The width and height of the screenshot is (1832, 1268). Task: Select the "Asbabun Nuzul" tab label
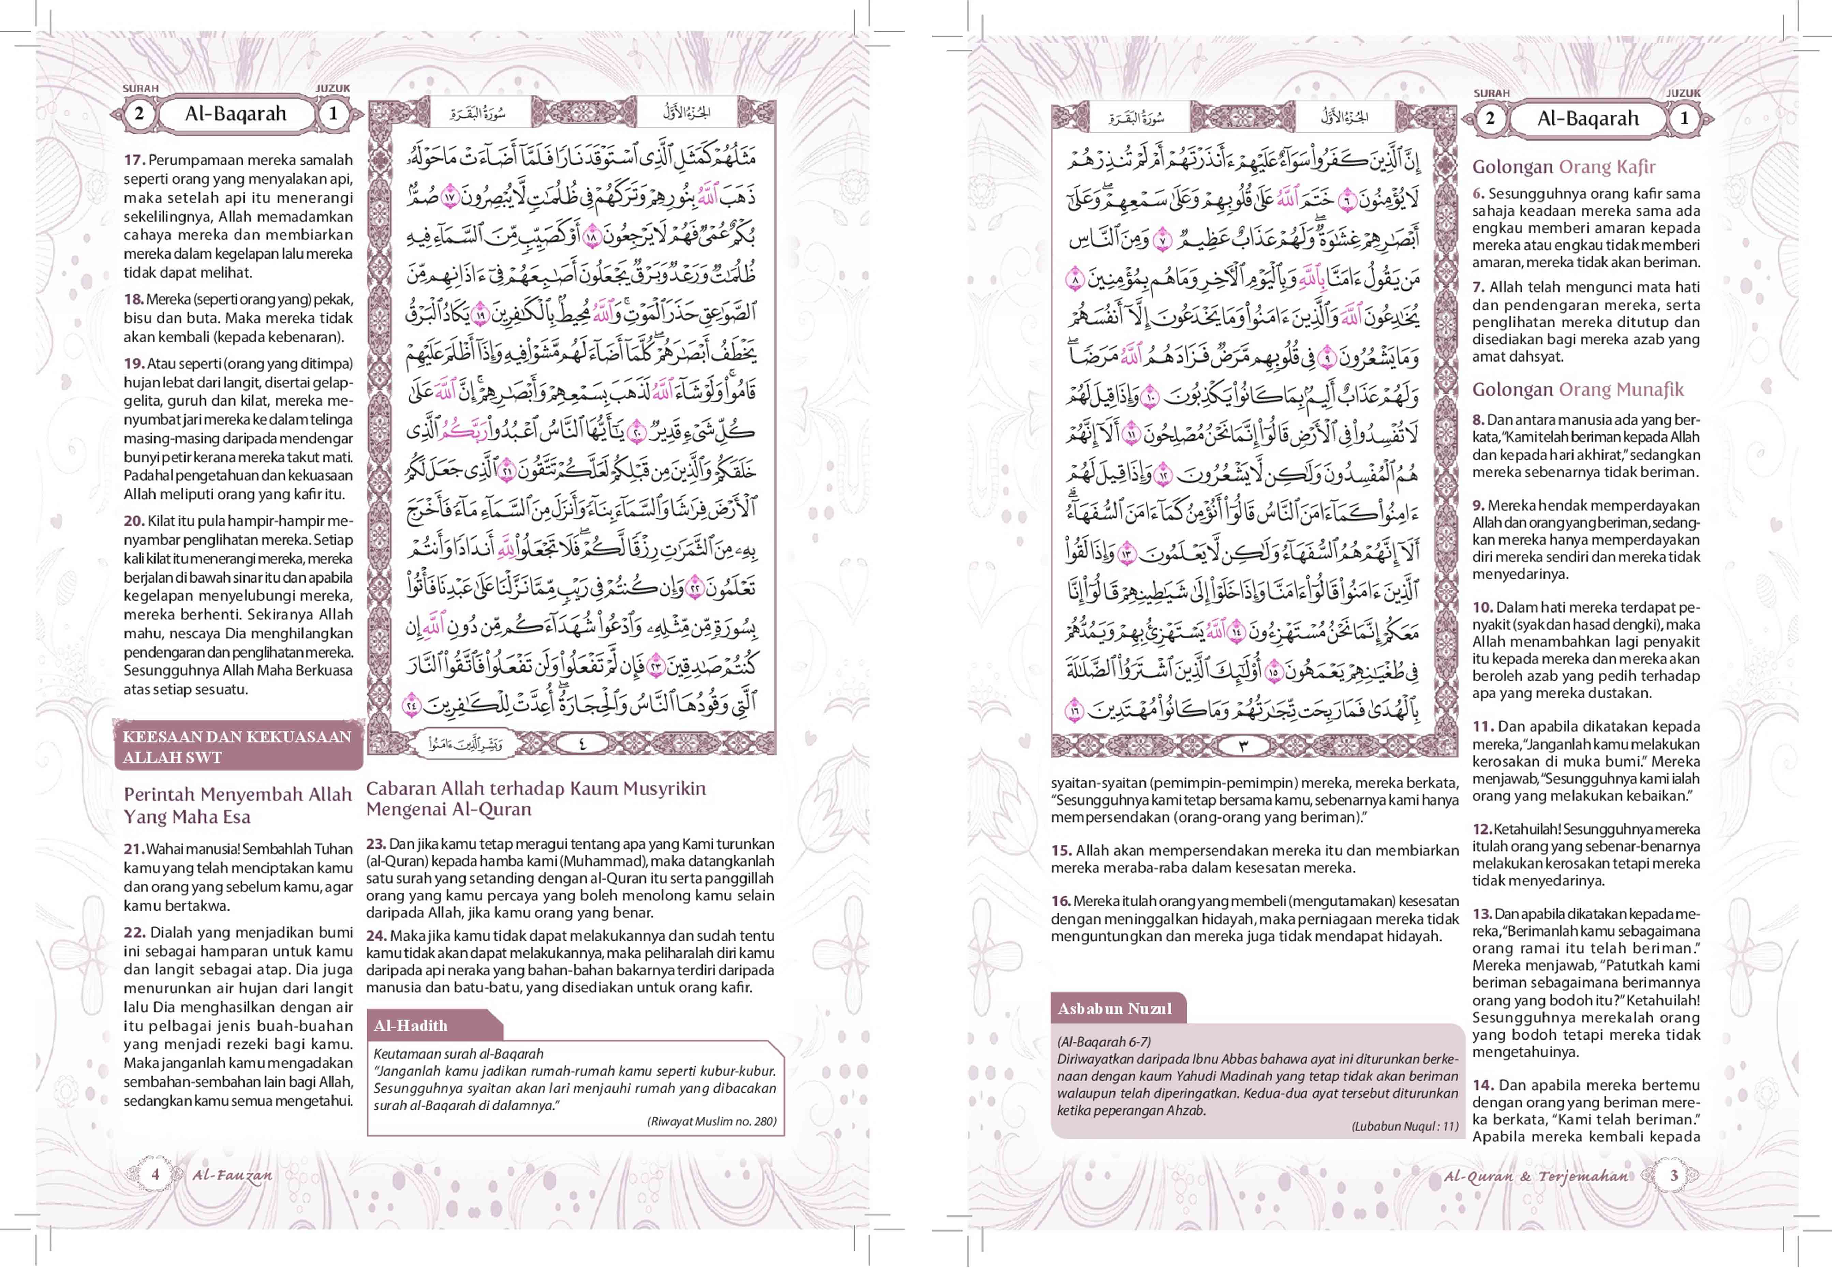click(x=1114, y=1008)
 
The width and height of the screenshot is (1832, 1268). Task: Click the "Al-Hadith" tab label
click(x=411, y=1026)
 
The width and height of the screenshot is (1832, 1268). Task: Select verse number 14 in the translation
click(x=1482, y=1085)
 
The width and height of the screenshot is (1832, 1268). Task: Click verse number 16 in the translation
click(x=1061, y=901)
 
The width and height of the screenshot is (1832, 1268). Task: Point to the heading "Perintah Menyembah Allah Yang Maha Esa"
click(x=237, y=806)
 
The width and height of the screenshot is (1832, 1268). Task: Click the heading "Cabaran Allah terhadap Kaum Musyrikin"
click(x=535, y=789)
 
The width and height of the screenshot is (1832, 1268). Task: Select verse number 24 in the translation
click(x=376, y=936)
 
